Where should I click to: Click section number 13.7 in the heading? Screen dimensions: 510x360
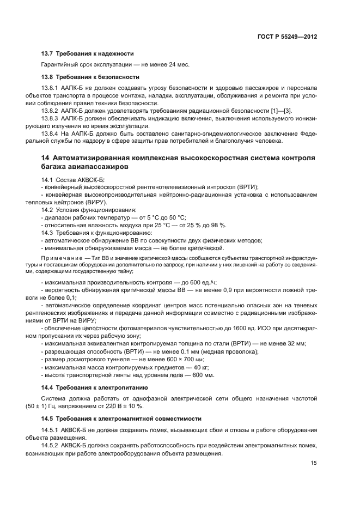[x=48, y=54]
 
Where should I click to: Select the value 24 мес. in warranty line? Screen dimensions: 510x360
[x=176, y=65]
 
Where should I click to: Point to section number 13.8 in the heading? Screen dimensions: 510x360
[x=48, y=76]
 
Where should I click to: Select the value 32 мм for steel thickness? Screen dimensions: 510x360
[x=297, y=343]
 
